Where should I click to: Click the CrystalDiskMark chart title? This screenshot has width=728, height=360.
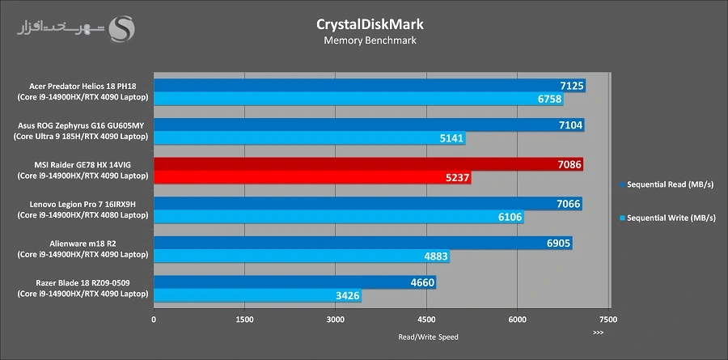(x=369, y=23)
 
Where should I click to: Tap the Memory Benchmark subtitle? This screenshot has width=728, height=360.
(x=369, y=40)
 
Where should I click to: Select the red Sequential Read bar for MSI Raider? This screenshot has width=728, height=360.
(x=368, y=164)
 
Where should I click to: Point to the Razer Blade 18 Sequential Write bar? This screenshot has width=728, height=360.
(x=257, y=296)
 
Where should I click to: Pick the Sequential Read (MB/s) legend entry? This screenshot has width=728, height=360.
(x=671, y=184)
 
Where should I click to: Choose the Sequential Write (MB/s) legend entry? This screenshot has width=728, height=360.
(x=671, y=218)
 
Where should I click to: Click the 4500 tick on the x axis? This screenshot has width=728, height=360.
(x=427, y=320)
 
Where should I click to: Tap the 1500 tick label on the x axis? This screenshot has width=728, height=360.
(x=245, y=320)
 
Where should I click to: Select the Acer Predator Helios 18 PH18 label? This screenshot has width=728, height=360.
(x=83, y=85)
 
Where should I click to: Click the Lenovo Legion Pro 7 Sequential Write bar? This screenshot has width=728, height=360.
(x=338, y=217)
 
